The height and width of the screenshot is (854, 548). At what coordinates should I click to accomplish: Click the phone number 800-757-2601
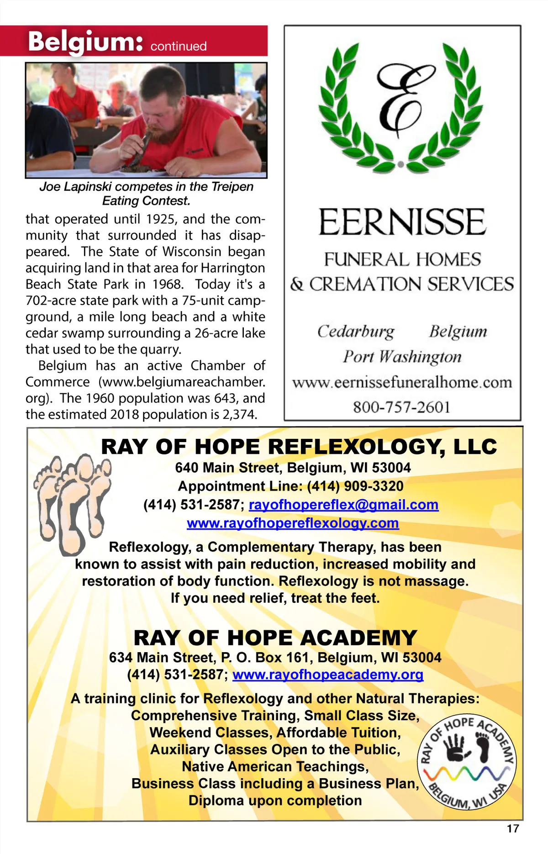point(402,407)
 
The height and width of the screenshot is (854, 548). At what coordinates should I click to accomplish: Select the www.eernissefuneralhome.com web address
point(402,382)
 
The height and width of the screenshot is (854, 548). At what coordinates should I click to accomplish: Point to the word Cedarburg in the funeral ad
point(356,332)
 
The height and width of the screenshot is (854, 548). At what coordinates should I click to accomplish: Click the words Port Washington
point(402,357)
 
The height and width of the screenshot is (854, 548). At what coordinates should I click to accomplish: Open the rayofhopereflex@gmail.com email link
point(343,505)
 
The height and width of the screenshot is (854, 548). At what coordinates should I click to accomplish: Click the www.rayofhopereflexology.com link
point(293,523)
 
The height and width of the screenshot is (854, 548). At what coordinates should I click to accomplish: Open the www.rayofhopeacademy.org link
point(328,675)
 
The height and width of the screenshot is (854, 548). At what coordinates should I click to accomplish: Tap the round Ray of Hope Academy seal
point(467,762)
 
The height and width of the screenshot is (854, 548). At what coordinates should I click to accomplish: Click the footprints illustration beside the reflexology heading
point(72,502)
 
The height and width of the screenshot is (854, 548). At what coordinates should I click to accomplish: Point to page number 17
point(513,828)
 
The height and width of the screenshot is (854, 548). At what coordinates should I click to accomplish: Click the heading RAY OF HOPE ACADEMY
point(275,638)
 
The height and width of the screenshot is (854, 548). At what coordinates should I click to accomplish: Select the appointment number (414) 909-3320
point(355,486)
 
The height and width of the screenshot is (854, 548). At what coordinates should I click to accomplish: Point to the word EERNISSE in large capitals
point(402,222)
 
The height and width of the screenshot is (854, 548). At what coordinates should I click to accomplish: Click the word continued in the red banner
point(179,46)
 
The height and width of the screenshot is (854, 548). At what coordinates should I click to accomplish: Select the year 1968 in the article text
point(167,285)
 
